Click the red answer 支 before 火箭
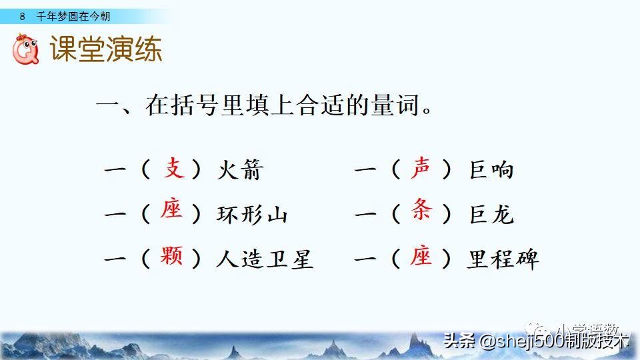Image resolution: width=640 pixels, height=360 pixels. point(174,169)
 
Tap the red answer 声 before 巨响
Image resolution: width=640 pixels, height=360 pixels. point(421,169)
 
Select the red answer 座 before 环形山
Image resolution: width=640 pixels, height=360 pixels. point(172,212)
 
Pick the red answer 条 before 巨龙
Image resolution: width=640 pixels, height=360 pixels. point(421,212)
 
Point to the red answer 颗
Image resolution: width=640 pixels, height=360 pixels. point(172,256)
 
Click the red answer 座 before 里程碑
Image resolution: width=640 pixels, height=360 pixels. point(421,256)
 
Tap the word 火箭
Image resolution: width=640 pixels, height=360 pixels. point(239,171)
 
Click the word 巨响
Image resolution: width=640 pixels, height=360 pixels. point(492,171)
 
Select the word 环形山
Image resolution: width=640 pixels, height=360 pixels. point(252,215)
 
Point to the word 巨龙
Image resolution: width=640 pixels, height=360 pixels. point(492,215)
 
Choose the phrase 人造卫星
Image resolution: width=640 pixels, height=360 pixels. point(265,259)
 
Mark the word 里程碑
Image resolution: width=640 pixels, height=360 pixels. point(503,259)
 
